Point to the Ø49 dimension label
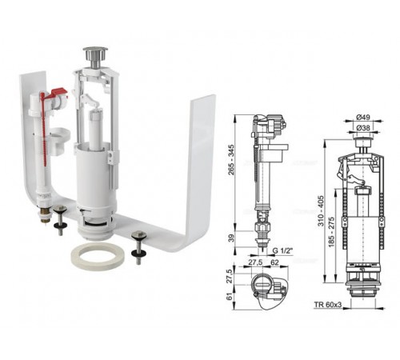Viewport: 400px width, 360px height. pyautogui.click(x=363, y=117)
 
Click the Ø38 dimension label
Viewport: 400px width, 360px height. pyautogui.click(x=363, y=128)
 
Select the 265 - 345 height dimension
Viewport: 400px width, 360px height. pyautogui.click(x=231, y=159)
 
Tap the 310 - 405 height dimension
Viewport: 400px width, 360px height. pyautogui.click(x=320, y=210)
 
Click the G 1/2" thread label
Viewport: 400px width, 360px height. pyautogui.click(x=283, y=250)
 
